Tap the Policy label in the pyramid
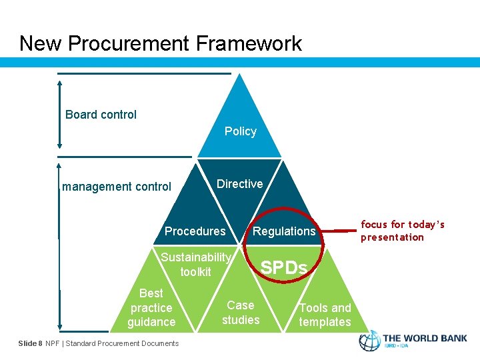240,131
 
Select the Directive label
239,183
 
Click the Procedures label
195,231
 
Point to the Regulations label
284,231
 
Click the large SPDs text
284,268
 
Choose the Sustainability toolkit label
195,265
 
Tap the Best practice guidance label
151,307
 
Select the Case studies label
241,313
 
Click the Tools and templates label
325,315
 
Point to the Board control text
101,115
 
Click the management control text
117,187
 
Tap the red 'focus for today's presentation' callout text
402,231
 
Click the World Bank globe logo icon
370,341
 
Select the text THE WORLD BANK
425,337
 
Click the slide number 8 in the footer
40,343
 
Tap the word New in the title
41,43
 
